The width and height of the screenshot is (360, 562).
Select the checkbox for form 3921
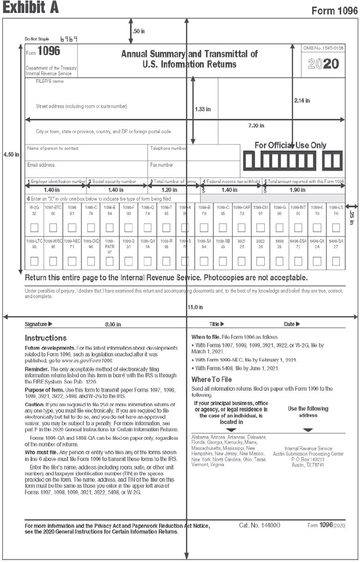(x=242, y=262)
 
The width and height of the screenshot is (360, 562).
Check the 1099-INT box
(x=298, y=227)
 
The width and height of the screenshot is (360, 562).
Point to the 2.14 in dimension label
(x=302, y=100)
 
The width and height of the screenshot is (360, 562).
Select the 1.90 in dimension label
(x=298, y=190)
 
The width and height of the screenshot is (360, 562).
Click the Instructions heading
(x=46, y=338)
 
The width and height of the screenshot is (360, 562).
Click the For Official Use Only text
(x=291, y=145)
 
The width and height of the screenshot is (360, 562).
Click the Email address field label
(x=41, y=165)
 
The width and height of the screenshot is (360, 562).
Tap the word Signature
(x=38, y=324)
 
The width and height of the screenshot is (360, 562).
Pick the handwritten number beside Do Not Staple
(x=69, y=39)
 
